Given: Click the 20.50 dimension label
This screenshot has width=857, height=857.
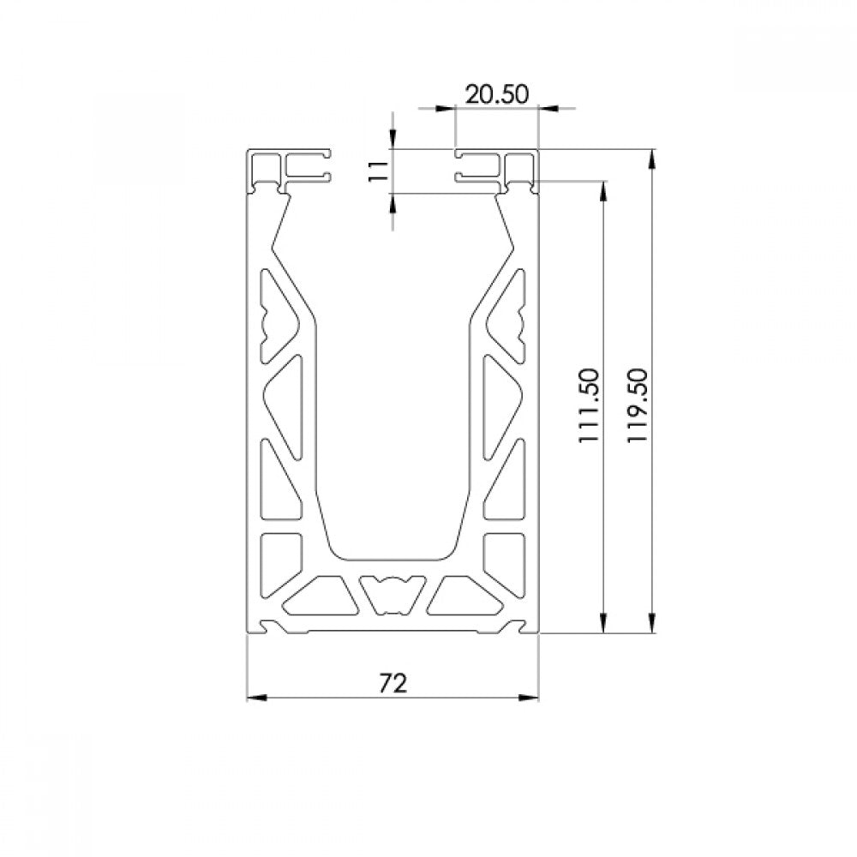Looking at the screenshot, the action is tap(497, 94).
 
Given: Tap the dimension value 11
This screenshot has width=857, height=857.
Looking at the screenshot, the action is tap(378, 171).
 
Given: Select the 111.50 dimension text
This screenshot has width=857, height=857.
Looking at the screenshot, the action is tap(590, 405).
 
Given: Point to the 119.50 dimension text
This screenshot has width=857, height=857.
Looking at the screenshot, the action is tap(638, 405).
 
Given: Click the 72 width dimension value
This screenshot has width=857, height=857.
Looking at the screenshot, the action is tap(393, 683).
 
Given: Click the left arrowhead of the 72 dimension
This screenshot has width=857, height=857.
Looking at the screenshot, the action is tap(257, 698).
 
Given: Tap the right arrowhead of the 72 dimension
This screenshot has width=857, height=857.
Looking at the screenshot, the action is tap(529, 698).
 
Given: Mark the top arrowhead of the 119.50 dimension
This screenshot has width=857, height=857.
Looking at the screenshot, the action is tap(651, 159).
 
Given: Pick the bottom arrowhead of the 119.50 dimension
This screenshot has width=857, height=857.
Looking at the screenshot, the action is tap(651, 623).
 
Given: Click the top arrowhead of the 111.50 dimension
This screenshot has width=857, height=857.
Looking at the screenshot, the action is tap(603, 191).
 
